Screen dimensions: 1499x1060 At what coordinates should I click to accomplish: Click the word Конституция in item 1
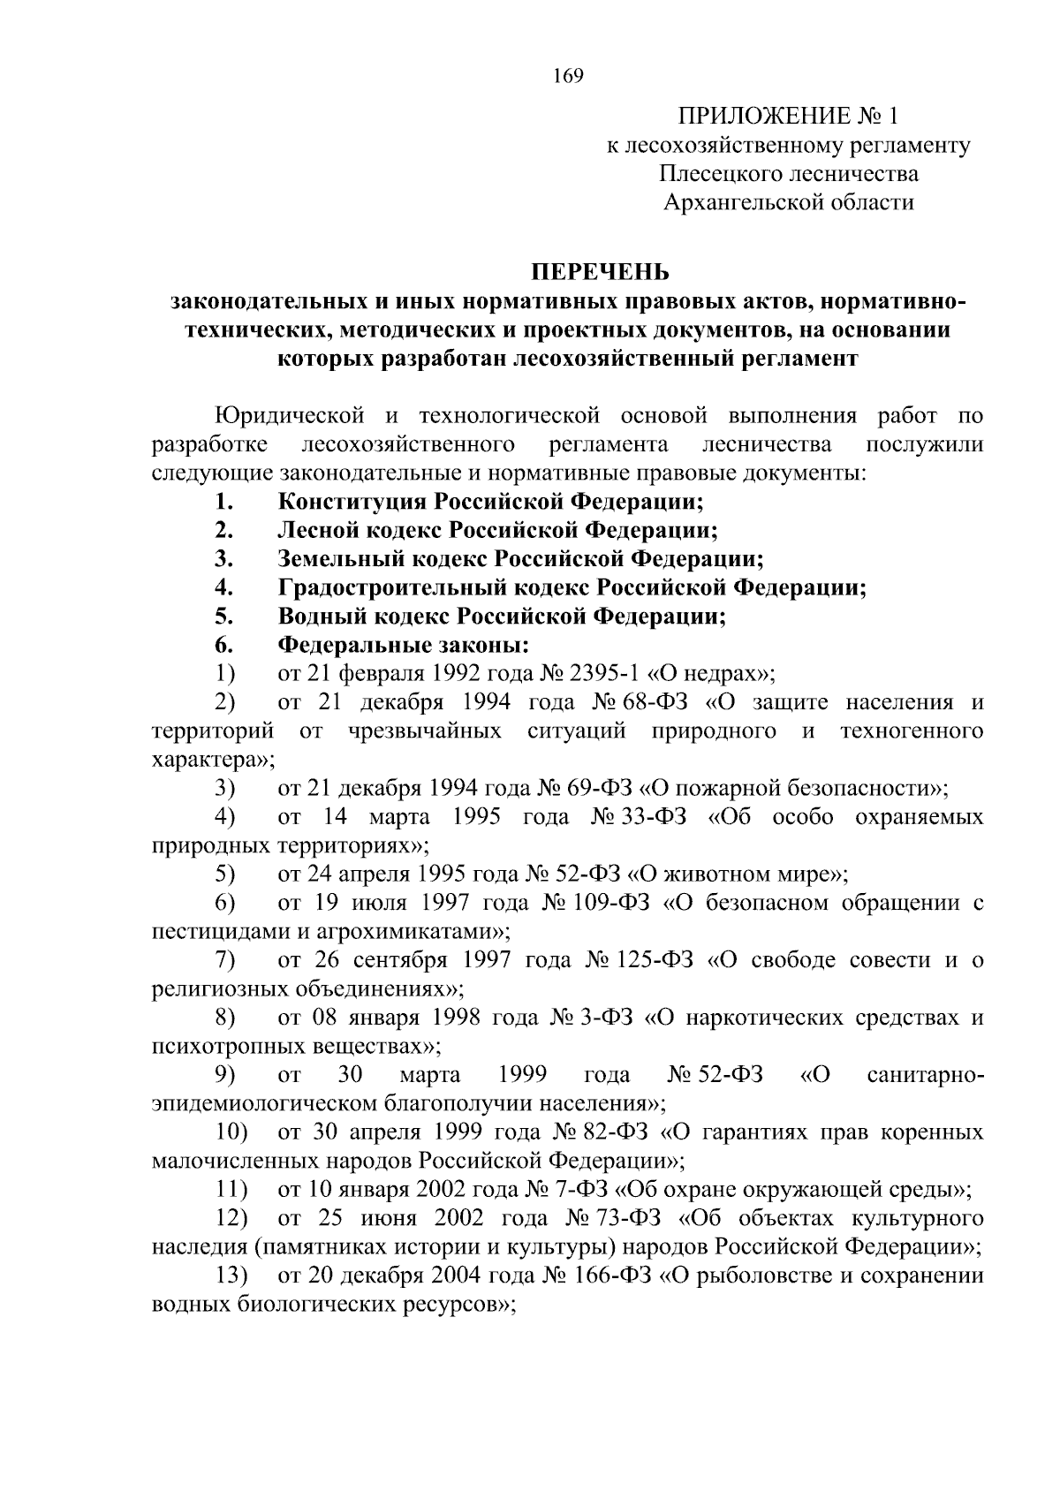pyautogui.click(x=352, y=502)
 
